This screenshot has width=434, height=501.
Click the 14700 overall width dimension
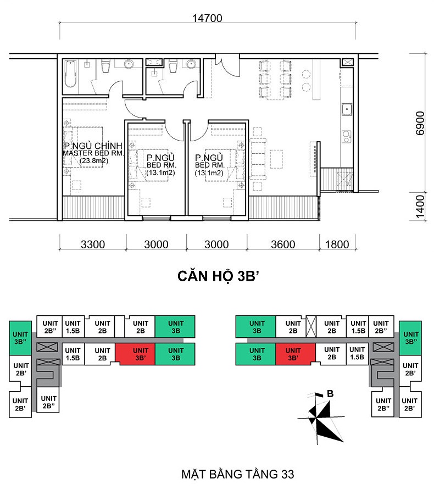(x=207, y=18)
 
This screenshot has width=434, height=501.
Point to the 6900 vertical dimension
(x=420, y=124)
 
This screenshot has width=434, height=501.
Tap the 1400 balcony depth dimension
(x=420, y=207)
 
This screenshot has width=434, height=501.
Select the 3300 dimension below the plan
(x=93, y=244)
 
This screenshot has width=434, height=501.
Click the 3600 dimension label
(x=283, y=244)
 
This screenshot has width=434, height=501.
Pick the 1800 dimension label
(x=337, y=244)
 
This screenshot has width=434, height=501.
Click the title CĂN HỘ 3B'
(x=218, y=276)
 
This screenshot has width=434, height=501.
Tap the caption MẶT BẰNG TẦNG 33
(x=237, y=474)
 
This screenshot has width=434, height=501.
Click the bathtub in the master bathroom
(x=71, y=74)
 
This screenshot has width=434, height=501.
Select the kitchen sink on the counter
(x=347, y=109)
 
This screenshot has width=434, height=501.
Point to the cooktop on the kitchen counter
(x=346, y=136)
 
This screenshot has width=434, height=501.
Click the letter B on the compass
(x=330, y=394)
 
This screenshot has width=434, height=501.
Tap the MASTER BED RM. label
(x=93, y=153)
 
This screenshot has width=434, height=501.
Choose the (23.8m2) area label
(x=94, y=161)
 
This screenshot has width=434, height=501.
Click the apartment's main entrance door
(x=227, y=65)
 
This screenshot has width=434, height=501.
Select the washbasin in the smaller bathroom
(x=191, y=64)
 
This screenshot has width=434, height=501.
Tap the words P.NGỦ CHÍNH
(x=93, y=146)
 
